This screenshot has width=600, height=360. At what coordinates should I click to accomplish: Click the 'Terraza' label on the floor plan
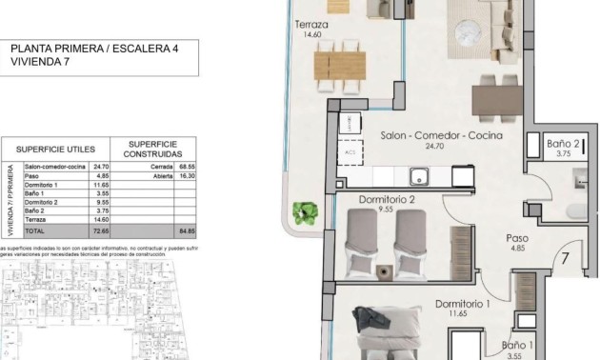pos(311,25)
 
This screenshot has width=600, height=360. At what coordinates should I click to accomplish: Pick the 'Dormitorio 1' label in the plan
pos(462,304)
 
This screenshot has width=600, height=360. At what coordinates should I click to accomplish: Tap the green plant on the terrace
pos(306,210)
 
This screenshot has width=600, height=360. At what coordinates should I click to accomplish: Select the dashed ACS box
pos(350,152)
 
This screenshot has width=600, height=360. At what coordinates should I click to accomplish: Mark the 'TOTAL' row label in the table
pos(34,230)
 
